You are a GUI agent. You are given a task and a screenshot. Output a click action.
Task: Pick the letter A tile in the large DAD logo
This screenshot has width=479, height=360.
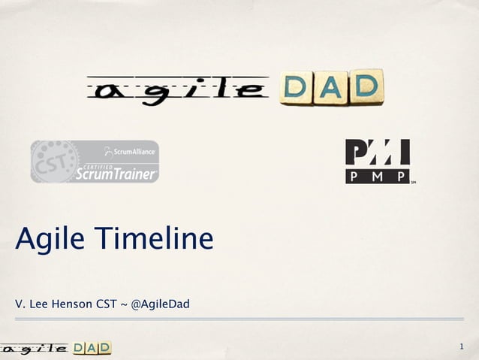tap(331, 88)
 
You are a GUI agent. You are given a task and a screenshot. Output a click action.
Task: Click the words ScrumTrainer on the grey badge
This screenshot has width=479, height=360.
tap(116, 174)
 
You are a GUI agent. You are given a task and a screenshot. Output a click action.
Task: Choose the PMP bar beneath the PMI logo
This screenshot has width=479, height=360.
tap(377, 177)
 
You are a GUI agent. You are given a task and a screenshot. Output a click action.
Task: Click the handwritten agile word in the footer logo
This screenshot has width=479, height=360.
tap(34, 348)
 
